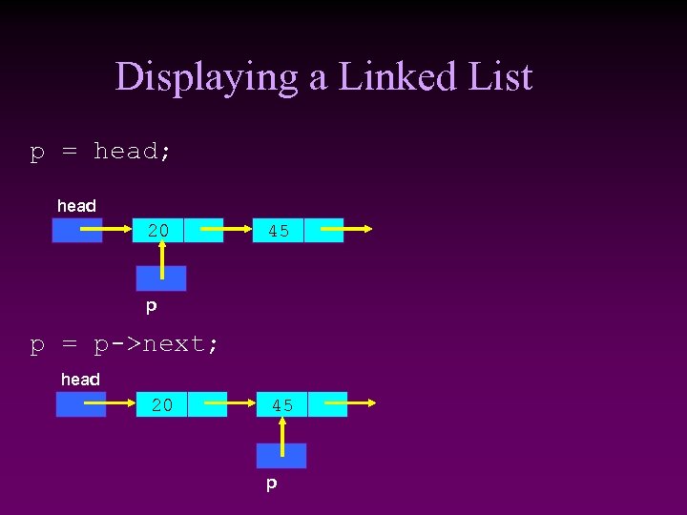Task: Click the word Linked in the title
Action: pyautogui.click(x=392, y=76)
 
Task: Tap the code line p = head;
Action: pyautogui.click(x=101, y=152)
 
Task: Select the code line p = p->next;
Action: pyautogui.click(x=125, y=344)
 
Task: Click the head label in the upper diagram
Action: pyautogui.click(x=76, y=206)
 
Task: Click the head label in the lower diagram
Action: pyautogui.click(x=80, y=380)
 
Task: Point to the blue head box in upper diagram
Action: pyautogui.click(x=76, y=231)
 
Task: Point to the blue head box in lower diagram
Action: pyautogui.click(x=80, y=405)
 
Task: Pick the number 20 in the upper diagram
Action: pyautogui.click(x=158, y=230)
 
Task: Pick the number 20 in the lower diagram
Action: pyautogui.click(x=162, y=405)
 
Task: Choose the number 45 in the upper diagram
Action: pyautogui.click(x=279, y=231)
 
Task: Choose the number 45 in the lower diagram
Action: pyautogui.click(x=282, y=405)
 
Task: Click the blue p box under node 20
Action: pyautogui.click(x=161, y=278)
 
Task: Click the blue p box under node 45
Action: pyautogui.click(x=281, y=456)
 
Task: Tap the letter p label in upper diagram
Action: pyautogui.click(x=151, y=307)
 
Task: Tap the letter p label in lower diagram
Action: pyautogui.click(x=271, y=484)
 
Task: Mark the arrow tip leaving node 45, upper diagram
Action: pyautogui.click(x=375, y=230)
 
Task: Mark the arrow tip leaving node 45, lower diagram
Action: pyautogui.click(x=379, y=405)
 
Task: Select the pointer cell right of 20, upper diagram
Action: pyautogui.click(x=203, y=230)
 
